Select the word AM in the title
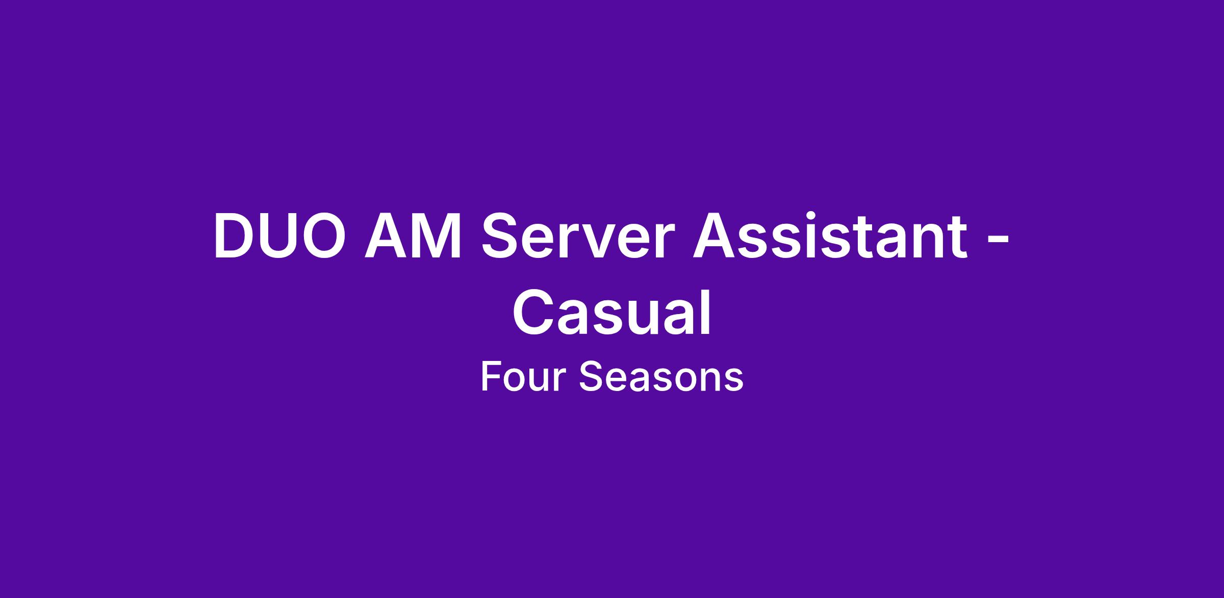coord(413,236)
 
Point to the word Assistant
coord(830,236)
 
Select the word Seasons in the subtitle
coord(661,377)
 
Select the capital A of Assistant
coord(714,236)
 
